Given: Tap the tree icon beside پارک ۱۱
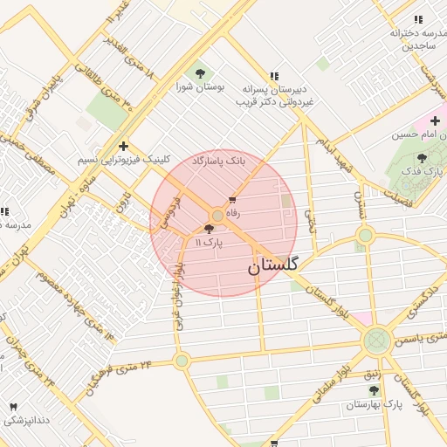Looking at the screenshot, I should click(208, 229).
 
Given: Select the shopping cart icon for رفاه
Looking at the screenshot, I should click(231, 200).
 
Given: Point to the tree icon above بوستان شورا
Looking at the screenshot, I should click(201, 74).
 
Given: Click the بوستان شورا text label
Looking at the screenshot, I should click(201, 88).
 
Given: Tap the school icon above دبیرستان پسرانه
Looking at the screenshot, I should click(275, 76).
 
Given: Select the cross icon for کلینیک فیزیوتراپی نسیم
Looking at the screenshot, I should click(123, 146).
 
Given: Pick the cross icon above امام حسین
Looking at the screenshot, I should click(434, 120).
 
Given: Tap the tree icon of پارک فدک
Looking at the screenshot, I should click(423, 158).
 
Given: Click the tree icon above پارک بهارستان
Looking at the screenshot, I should click(374, 390).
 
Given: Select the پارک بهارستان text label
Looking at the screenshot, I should click(373, 404).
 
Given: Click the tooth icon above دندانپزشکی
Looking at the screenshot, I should click(13, 408).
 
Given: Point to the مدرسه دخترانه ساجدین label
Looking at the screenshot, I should click(407, 40).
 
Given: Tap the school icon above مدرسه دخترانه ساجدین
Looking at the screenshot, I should click(418, 19).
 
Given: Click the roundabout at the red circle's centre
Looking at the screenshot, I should click(217, 215).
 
